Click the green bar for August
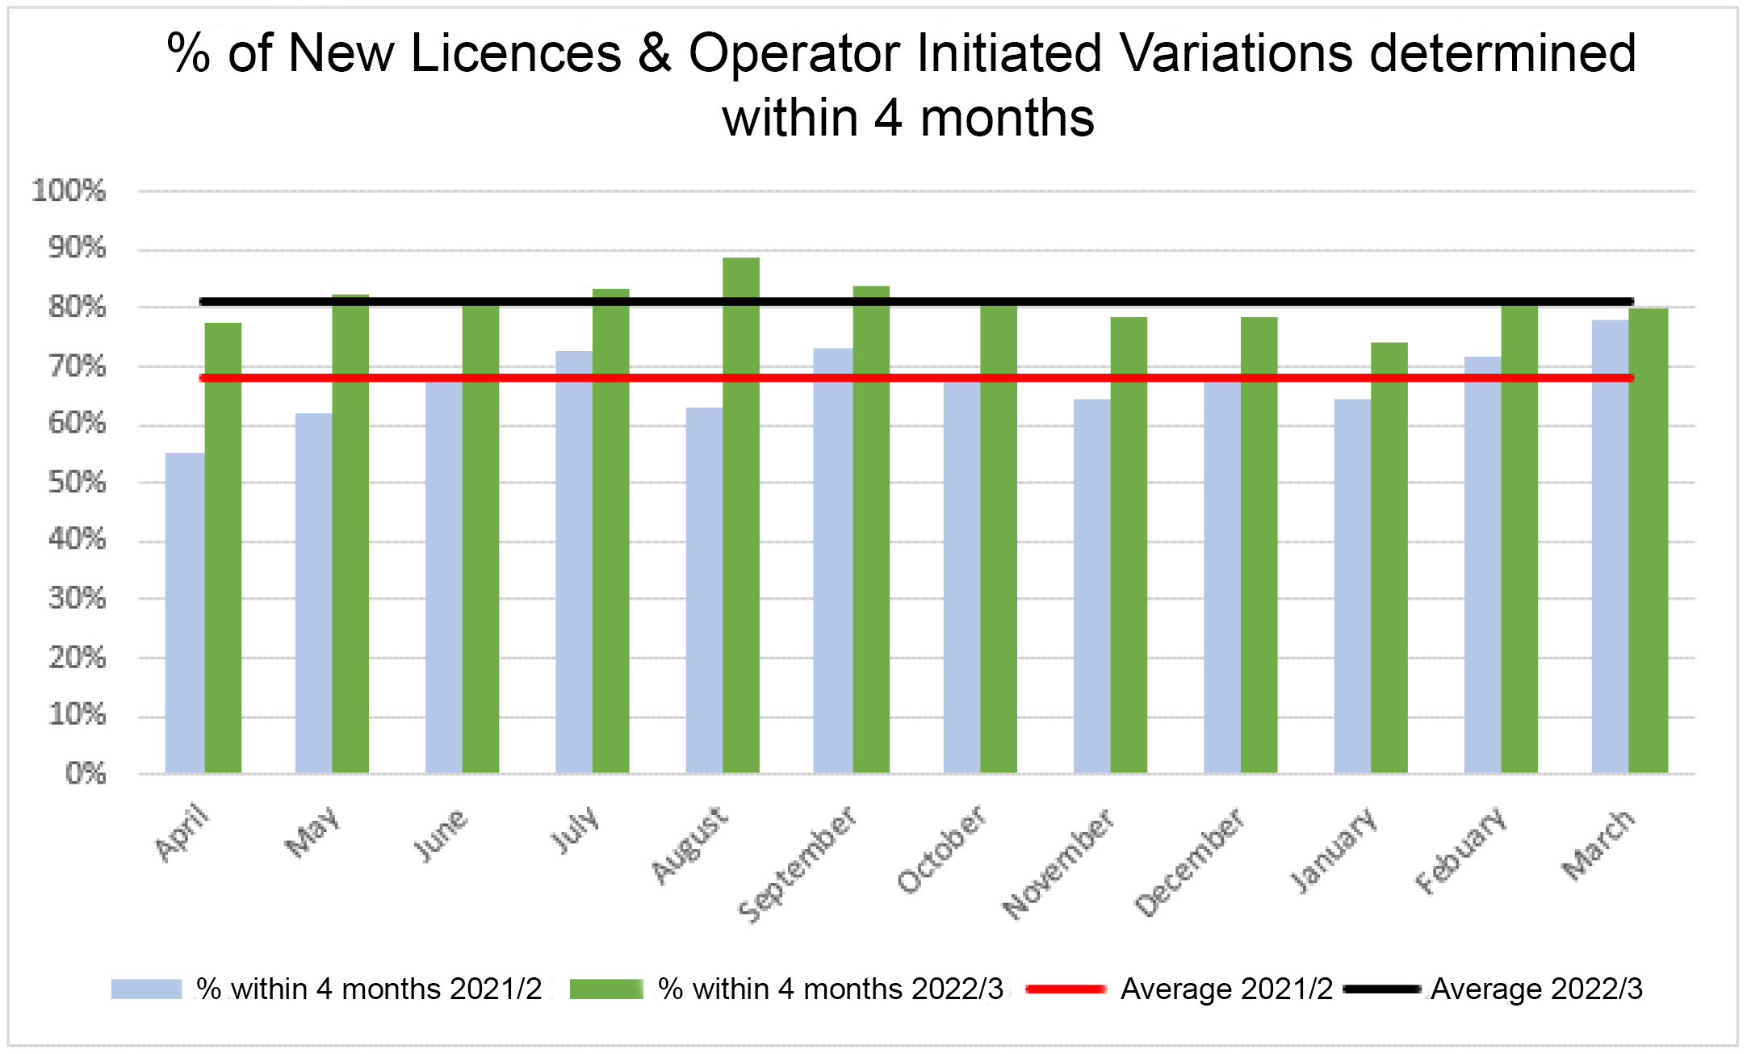click(740, 517)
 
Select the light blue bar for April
click(184, 613)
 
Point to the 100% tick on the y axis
click(69, 191)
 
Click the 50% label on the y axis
click(77, 483)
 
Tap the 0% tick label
click(86, 774)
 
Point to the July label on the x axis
click(576, 829)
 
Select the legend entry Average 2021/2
click(1225, 989)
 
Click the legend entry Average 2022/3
click(1535, 989)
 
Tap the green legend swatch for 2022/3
click(605, 989)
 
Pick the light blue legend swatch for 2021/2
click(146, 989)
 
